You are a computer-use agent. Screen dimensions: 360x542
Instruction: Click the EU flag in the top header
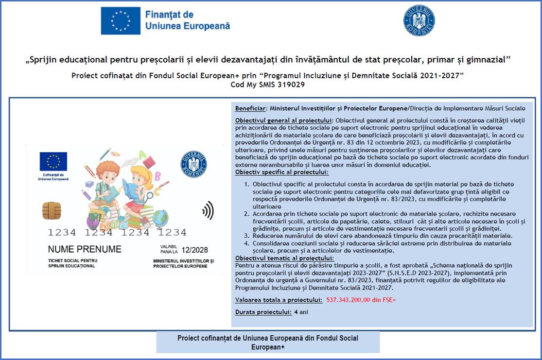pos(121,20)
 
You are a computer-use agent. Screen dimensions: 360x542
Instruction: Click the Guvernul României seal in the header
pos(419,20)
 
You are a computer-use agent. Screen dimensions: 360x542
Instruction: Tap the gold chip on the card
pos(52,211)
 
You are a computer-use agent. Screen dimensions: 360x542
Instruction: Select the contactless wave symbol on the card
pos(208,210)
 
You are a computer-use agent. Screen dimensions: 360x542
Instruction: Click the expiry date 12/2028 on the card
pos(194,250)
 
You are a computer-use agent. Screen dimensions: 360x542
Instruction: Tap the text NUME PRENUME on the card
pos(85,249)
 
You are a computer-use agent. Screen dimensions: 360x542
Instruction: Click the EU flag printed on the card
pos(53,161)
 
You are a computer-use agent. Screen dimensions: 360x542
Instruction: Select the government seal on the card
pos(193,164)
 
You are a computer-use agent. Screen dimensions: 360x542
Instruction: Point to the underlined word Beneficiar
pos(251,108)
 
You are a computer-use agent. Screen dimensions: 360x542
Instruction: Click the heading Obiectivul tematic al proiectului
pos(284,258)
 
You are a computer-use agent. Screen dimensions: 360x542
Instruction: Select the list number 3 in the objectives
pos(247,236)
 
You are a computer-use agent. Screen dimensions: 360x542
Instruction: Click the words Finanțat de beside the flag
pos(169,15)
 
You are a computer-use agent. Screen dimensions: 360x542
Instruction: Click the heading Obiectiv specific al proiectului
pos(281,172)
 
